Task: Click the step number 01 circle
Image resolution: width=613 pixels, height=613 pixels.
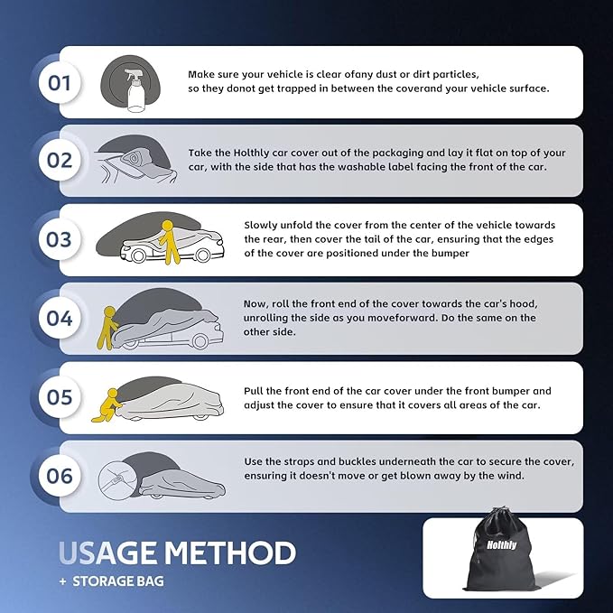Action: coord(60,83)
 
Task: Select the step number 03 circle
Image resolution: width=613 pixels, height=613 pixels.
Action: coord(60,240)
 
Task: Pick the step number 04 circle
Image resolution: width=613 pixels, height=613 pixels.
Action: coord(60,319)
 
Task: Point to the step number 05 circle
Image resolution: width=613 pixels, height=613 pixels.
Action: coord(60,397)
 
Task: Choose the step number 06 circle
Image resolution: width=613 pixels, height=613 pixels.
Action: coord(60,476)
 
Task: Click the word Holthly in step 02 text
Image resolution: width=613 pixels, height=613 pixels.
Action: coord(246,153)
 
